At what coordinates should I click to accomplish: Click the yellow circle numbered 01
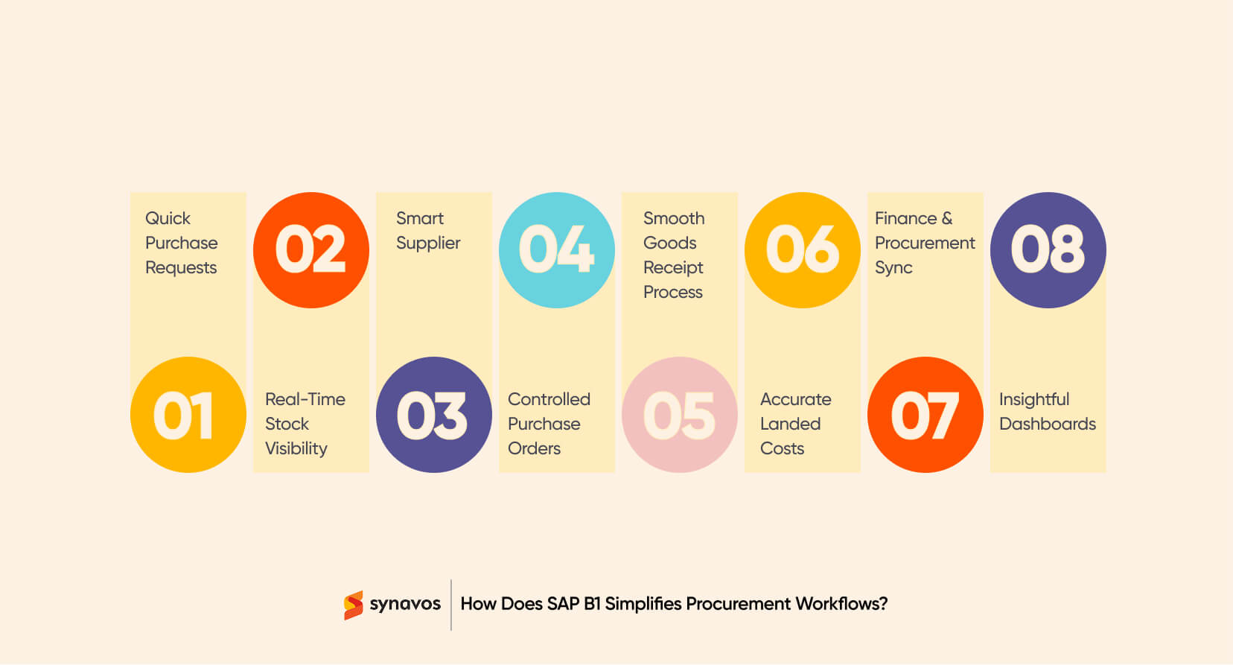pyautogui.click(x=188, y=415)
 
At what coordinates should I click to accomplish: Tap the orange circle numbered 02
pyautogui.click(x=311, y=250)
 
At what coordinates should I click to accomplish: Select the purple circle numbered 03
pyautogui.click(x=434, y=415)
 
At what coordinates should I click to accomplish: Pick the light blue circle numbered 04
pyautogui.click(x=557, y=250)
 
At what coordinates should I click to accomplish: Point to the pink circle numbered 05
pyautogui.click(x=680, y=415)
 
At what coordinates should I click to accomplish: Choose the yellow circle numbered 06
pyautogui.click(x=803, y=250)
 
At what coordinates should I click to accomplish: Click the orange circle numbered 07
pyautogui.click(x=925, y=415)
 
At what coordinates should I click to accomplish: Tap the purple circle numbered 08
pyautogui.click(x=1048, y=250)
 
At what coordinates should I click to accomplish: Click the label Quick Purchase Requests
pyautogui.click(x=181, y=243)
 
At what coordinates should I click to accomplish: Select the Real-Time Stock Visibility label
pyautogui.click(x=305, y=424)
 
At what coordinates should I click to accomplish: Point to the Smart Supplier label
pyautogui.click(x=427, y=231)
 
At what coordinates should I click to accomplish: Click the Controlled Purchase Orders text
pyautogui.click(x=549, y=424)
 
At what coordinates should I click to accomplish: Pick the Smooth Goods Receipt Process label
pyautogui.click(x=674, y=255)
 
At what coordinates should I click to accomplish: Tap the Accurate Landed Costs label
pyautogui.click(x=795, y=424)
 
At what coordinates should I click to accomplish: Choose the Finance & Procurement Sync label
pyautogui.click(x=924, y=243)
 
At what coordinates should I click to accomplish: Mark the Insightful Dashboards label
pyautogui.click(x=1047, y=412)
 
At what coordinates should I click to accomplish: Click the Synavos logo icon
pyautogui.click(x=353, y=605)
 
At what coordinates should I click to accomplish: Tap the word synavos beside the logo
pyautogui.click(x=405, y=604)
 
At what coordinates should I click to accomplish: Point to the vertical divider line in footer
pyautogui.click(x=451, y=605)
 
